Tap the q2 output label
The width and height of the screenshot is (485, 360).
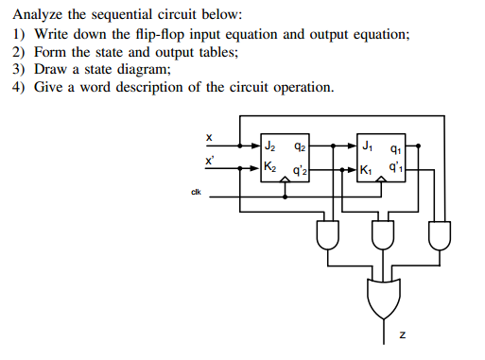point(299,147)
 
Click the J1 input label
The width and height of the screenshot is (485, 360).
point(367,147)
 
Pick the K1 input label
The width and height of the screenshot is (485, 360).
point(367,171)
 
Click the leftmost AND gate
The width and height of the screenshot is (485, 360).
point(328,232)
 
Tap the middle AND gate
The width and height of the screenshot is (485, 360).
point(382,232)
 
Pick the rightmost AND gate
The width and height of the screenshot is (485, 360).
point(440,232)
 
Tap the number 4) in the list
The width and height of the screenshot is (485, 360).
point(19,88)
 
